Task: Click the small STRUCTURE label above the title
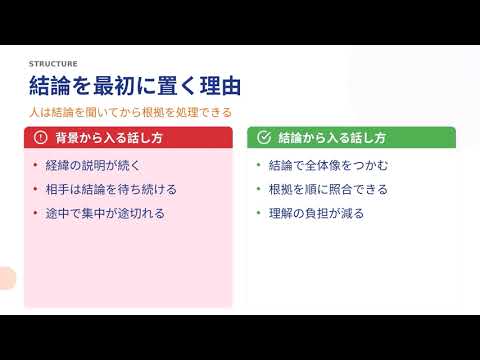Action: pos(53,64)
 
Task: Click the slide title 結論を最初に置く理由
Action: pos(135,86)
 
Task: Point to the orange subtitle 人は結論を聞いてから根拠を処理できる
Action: pos(130,112)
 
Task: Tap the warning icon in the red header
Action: pos(40,137)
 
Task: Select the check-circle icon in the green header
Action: pos(264,137)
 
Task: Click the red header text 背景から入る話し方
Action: pos(109,138)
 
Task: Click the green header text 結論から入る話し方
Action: pos(332,138)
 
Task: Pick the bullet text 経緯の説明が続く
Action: pos(93,165)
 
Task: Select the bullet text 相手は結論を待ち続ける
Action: pos(111,189)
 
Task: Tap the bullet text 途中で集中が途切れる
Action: pos(105,213)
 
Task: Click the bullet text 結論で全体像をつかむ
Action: pos(328,165)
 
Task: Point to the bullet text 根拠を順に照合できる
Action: pos(328,189)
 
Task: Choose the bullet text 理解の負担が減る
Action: pos(316,213)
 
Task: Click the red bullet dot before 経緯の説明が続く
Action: pos(35,165)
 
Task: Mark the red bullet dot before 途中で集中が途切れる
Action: pos(35,213)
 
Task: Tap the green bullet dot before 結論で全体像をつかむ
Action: pos(258,165)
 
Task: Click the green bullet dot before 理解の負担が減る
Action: pos(258,213)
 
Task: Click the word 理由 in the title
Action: pos(220,86)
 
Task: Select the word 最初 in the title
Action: pos(114,86)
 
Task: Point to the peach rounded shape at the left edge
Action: pos(7,278)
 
